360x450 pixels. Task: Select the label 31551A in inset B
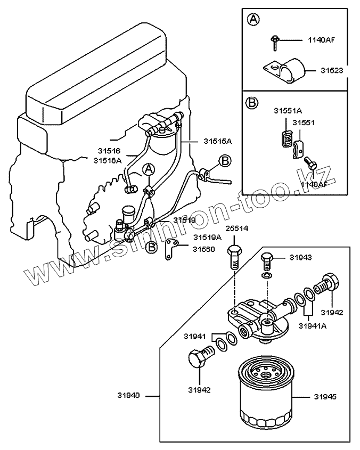tap(288, 111)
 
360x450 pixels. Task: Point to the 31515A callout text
tap(218, 141)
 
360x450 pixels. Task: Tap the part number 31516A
tap(108, 160)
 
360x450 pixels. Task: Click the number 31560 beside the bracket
tap(203, 249)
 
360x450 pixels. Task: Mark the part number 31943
tap(300, 257)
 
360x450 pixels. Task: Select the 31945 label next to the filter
tap(325, 397)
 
